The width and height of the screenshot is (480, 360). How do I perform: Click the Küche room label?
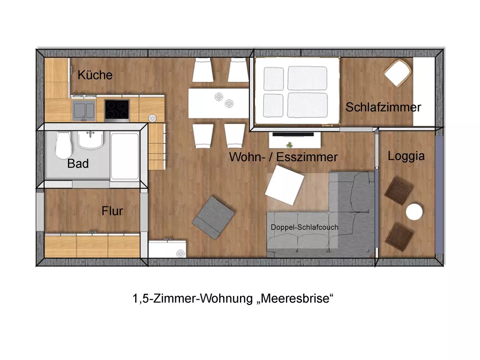point(95,75)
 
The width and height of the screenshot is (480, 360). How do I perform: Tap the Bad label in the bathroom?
point(78,164)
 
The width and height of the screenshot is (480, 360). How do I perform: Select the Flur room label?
point(112,211)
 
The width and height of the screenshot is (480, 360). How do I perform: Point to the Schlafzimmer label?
point(383,107)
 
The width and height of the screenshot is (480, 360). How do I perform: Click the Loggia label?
point(406,156)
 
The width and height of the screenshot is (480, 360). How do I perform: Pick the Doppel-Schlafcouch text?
point(304,227)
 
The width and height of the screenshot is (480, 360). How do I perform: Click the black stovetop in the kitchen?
point(117,110)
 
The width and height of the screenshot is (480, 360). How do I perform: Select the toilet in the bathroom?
point(64,145)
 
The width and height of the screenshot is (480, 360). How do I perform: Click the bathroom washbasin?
point(91,140)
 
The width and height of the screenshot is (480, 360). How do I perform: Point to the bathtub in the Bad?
point(125,156)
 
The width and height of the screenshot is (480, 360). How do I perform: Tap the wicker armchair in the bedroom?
point(398,72)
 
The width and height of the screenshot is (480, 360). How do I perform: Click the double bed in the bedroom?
point(296,92)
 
